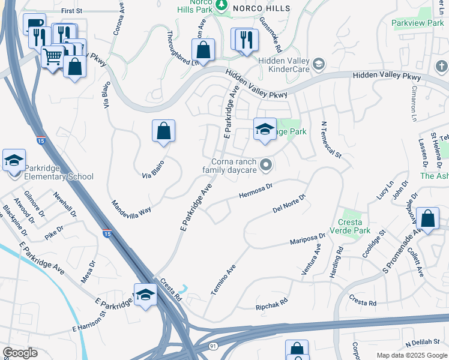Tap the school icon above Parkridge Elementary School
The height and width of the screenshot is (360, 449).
(x=14, y=161)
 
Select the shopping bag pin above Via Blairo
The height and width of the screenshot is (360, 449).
(x=163, y=130)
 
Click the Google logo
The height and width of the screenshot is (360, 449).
(x=20, y=352)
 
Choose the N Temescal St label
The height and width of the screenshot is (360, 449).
(x=331, y=140)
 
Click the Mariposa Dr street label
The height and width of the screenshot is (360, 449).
(x=307, y=239)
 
